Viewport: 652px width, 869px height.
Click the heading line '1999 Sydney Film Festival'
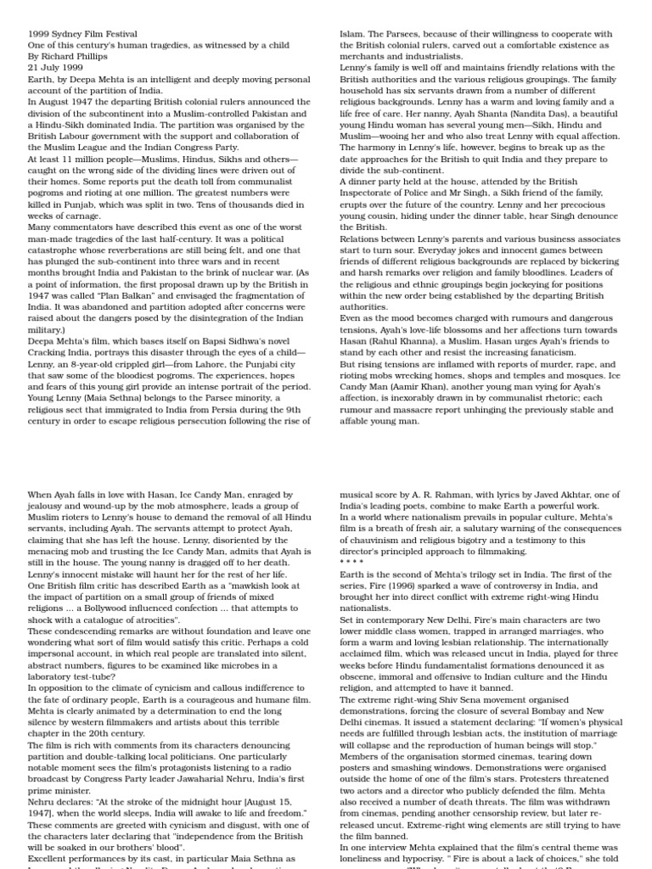click(x=82, y=34)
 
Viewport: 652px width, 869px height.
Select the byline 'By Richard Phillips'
click(x=68, y=56)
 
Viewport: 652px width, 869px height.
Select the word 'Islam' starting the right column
click(x=352, y=34)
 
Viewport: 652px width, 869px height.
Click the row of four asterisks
click(x=352, y=563)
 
